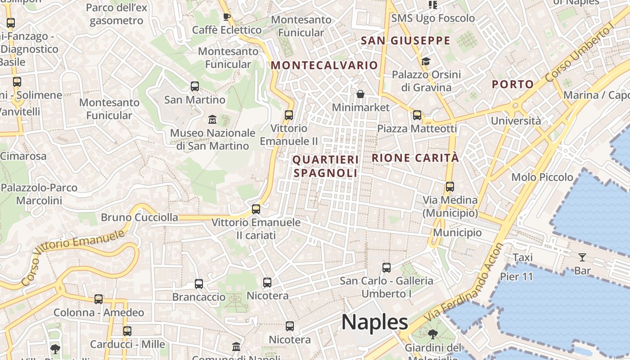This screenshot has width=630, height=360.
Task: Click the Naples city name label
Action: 374,322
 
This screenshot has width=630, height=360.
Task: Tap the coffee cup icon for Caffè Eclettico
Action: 227,17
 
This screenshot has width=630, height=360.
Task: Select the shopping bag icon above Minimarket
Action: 360,94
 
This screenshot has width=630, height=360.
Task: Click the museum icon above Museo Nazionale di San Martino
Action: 212,120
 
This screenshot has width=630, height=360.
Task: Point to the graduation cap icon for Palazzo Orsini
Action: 426,61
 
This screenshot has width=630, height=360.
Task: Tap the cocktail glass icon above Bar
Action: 582,257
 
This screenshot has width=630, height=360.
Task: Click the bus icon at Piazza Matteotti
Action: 417,115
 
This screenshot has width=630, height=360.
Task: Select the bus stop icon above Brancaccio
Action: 199,283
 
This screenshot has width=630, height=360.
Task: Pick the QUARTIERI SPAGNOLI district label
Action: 326,166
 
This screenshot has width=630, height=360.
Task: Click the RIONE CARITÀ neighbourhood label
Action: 415,158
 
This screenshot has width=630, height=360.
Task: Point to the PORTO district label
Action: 513,84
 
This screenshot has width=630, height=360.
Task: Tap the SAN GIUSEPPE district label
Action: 405,40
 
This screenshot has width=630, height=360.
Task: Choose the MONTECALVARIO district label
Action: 324,65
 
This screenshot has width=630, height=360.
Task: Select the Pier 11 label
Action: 516,276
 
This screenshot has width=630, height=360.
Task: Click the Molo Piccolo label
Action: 542,177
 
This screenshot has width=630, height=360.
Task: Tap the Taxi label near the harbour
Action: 523,257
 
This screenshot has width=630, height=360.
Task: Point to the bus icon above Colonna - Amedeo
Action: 99,299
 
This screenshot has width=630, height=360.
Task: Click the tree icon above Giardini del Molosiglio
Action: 432,334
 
